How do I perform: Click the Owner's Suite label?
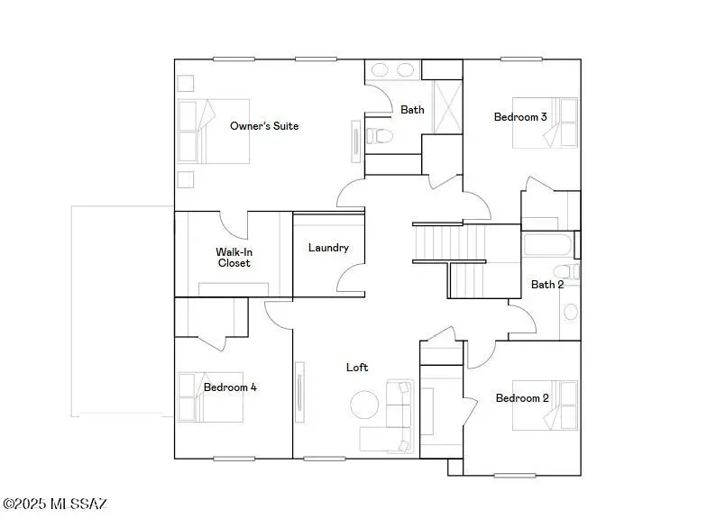pos(263,126)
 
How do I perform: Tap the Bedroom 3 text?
pos(520,117)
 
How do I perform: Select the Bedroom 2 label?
pos(522,398)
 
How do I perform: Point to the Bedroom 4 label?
pos(230,387)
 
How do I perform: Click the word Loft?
pos(357,368)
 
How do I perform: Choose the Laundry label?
pos(328,248)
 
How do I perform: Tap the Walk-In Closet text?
pos(233,257)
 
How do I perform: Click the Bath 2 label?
pos(546,285)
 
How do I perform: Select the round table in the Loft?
pos(365,404)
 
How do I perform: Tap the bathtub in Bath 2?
pos(547,245)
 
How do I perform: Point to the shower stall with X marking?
pos(442,107)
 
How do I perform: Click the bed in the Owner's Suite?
pos(214,132)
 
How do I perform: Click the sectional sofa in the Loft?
pos(393,419)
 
